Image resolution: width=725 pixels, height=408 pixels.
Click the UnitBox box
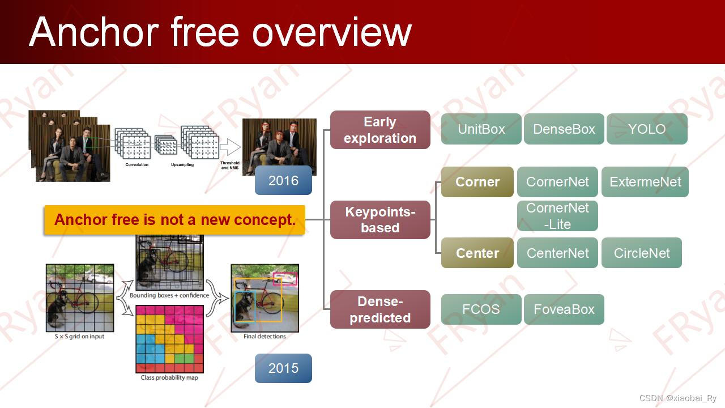[x=481, y=129]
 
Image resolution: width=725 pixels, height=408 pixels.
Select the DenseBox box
[x=564, y=129]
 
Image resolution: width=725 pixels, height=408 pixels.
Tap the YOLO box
[x=647, y=129]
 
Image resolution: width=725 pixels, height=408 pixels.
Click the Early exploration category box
[x=380, y=130]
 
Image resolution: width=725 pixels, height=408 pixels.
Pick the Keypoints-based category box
[x=380, y=219]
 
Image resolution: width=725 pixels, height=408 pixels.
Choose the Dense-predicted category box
[x=380, y=309]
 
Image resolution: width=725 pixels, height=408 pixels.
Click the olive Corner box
[x=477, y=182]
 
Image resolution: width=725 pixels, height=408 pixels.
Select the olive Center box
[x=477, y=253]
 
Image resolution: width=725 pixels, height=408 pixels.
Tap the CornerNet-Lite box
[x=557, y=216]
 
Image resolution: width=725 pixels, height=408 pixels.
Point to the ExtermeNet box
[x=645, y=182]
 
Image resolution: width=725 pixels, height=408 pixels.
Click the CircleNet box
[x=642, y=253]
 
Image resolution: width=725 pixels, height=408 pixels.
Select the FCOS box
[x=481, y=309]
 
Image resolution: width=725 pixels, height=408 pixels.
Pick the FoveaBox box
[x=564, y=309]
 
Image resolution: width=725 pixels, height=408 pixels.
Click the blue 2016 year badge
[x=283, y=180]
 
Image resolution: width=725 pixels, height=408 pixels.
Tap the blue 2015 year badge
[x=283, y=368]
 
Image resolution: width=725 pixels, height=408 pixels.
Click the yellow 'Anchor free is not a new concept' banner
[x=175, y=219]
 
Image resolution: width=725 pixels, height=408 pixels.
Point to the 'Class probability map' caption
[x=169, y=377]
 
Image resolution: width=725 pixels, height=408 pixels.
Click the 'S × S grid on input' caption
[x=80, y=337]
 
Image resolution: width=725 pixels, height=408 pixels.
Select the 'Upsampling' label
[x=182, y=165]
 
